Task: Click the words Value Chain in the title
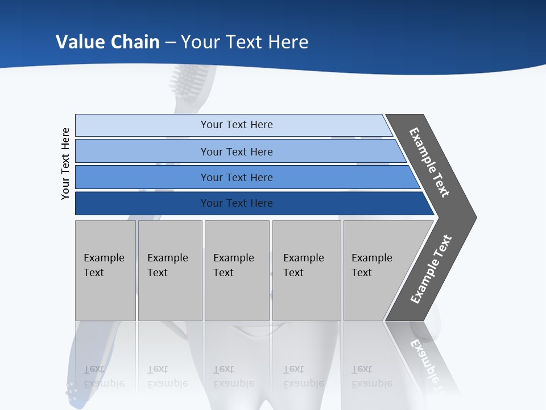point(107,42)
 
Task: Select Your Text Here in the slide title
point(245,42)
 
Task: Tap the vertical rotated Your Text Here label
point(65,163)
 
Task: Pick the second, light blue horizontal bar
point(236,151)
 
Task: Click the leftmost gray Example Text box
point(105,270)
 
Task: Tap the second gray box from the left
point(169,270)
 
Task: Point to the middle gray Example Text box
point(237,270)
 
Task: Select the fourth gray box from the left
point(306,270)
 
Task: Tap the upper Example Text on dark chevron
point(429,162)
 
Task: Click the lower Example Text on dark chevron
point(431,269)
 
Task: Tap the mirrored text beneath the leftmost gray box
point(104,376)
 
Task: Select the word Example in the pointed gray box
point(371,258)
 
